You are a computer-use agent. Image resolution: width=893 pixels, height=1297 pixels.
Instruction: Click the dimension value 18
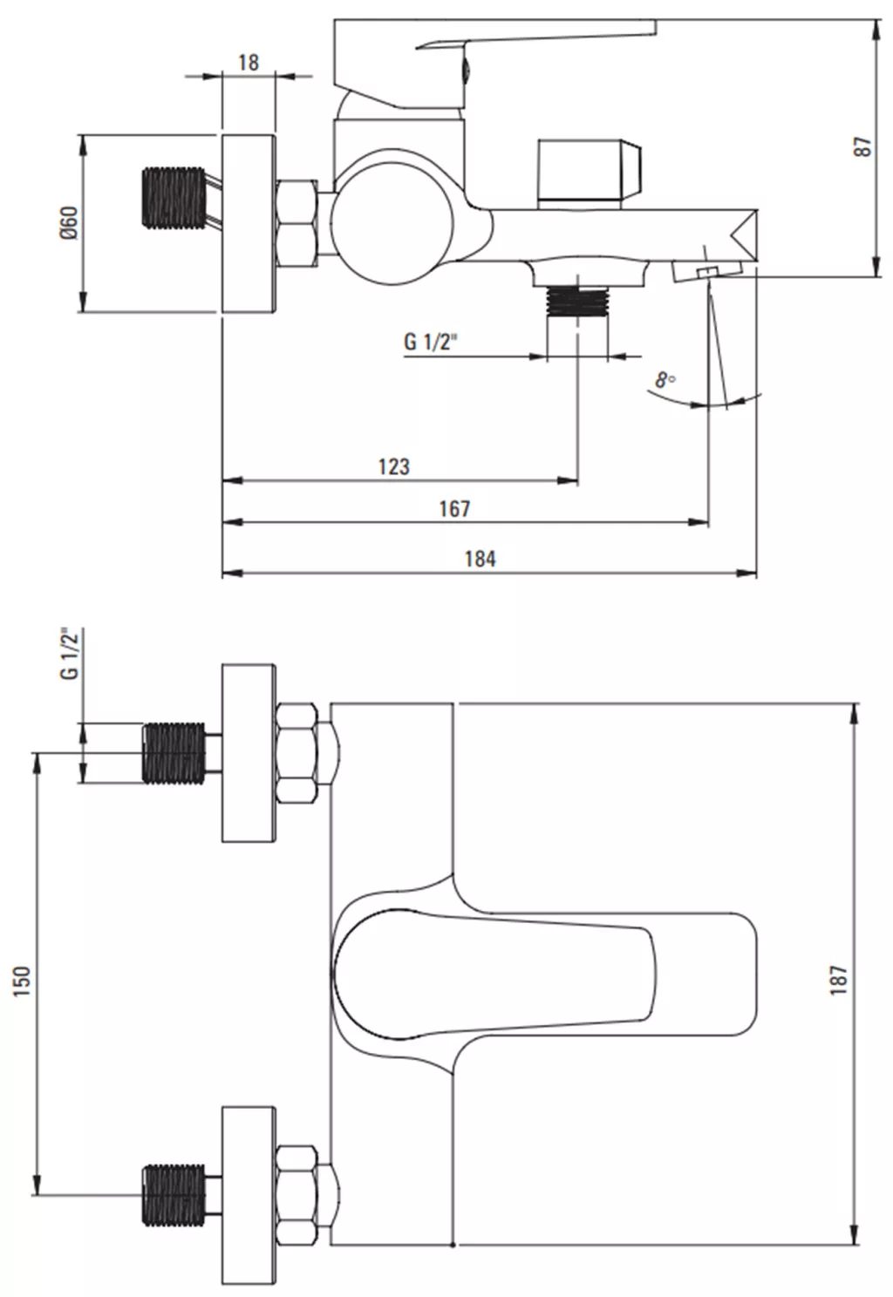tap(249, 63)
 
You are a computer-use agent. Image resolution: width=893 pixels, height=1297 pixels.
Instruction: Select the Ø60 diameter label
tap(70, 223)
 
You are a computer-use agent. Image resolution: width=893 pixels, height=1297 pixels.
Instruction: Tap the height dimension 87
tap(862, 146)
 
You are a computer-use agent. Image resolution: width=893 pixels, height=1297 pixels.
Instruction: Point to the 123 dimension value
tap(394, 466)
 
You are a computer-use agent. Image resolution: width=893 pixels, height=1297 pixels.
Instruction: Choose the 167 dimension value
tap(454, 508)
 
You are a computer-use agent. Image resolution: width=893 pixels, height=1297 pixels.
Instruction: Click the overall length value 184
tap(481, 559)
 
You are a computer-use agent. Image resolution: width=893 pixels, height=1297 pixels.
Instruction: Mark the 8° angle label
tap(665, 380)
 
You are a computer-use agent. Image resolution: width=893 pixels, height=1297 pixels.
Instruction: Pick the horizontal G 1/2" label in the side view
tap(430, 342)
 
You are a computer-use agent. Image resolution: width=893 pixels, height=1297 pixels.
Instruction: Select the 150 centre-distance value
tap(22, 981)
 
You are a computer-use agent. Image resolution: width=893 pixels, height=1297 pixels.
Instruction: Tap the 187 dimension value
tap(839, 980)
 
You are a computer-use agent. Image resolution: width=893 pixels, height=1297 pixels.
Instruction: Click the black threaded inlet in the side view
tap(174, 198)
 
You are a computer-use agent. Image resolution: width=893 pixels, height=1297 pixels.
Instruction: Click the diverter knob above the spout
tap(590, 173)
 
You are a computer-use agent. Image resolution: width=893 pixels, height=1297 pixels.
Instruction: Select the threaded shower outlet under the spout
tap(577, 302)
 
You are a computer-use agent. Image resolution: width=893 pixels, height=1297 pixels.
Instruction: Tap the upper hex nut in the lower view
tap(297, 753)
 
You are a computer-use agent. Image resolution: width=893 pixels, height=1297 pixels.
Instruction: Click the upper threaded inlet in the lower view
tap(174, 753)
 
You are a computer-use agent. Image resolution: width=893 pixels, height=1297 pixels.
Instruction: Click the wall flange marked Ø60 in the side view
tap(249, 223)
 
